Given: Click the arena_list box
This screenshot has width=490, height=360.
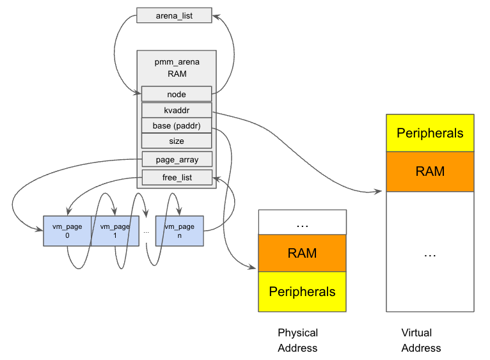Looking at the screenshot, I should pos(174,15).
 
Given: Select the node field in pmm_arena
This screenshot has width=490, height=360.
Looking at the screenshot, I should pos(177,94).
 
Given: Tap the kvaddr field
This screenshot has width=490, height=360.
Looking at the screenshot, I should pos(177,110).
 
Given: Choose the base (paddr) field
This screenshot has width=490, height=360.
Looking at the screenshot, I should pos(177,125).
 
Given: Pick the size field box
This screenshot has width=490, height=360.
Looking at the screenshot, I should pos(177,141).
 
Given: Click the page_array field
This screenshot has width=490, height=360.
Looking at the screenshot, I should pos(177,160).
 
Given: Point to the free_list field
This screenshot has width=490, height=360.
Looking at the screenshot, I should pos(177,177).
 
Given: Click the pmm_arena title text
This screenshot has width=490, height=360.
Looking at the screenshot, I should pos(177,62).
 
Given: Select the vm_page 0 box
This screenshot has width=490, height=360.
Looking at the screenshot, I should pos(67,231).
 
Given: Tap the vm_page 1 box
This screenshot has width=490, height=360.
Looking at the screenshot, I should pos(115,231).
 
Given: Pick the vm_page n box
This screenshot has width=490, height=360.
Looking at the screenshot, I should pos(179,231).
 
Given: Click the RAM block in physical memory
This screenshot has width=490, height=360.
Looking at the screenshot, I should pos(302,253).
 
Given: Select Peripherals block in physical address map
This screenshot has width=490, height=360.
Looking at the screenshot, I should pos(302,292).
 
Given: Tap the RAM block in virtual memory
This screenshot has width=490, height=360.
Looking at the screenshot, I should pos(430,171).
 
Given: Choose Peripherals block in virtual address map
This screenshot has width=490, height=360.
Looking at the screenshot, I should pos(430,133).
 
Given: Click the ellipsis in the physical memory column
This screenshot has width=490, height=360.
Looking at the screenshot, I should pos(302,224).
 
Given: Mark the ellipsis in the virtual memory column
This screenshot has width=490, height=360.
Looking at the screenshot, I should pos(430,254).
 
